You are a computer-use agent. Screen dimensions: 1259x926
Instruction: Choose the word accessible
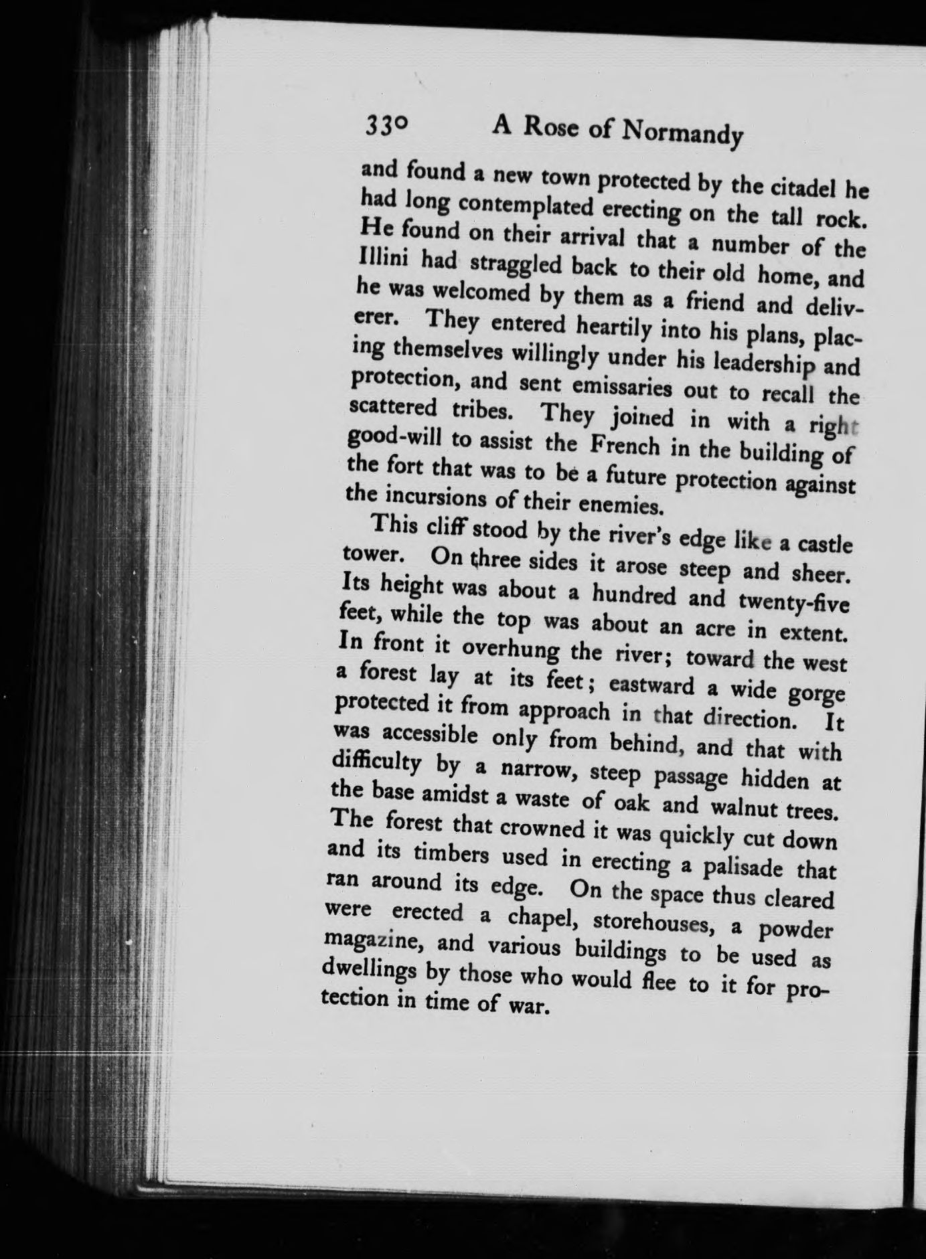[x=428, y=738]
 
